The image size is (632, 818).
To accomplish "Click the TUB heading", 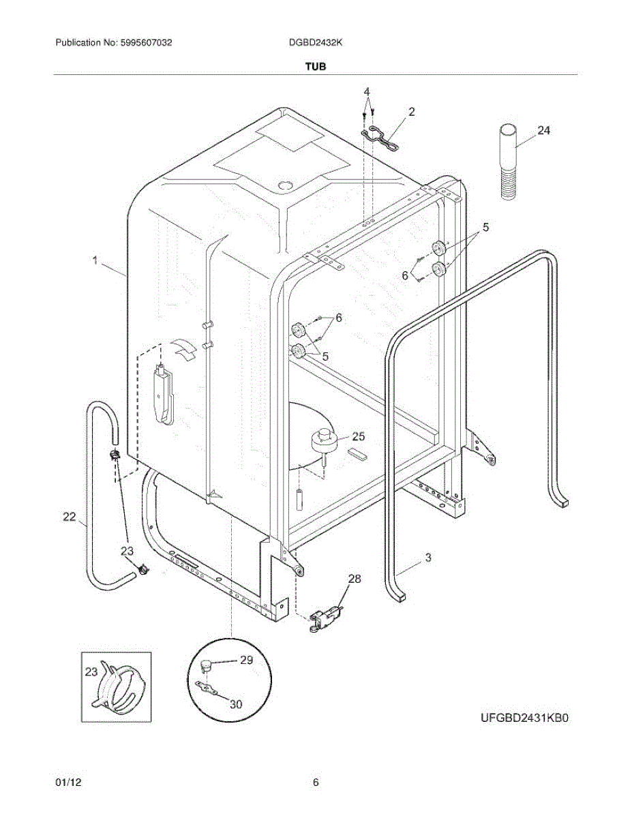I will pos(316,67).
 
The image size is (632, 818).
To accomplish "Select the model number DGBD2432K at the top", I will pos(316,42).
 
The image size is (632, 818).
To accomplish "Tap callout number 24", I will pos(543,131).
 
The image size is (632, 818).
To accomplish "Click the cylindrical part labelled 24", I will pos(509,162).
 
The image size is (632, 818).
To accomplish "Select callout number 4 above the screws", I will pos(366,91).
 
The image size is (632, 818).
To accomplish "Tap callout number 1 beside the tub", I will pos(96,260).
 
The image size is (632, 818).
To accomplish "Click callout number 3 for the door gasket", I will pos(427,558).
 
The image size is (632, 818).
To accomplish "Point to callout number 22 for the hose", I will pos(70,517).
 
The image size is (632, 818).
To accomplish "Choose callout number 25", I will pos(358,436).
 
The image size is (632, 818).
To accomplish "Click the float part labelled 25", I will pos(325,440).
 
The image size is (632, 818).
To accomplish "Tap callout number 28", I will pos(355,579).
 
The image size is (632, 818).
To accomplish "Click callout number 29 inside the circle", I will pos(245,660).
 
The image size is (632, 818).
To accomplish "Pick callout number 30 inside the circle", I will pos(235,704).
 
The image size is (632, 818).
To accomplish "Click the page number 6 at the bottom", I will pos(316,783).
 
